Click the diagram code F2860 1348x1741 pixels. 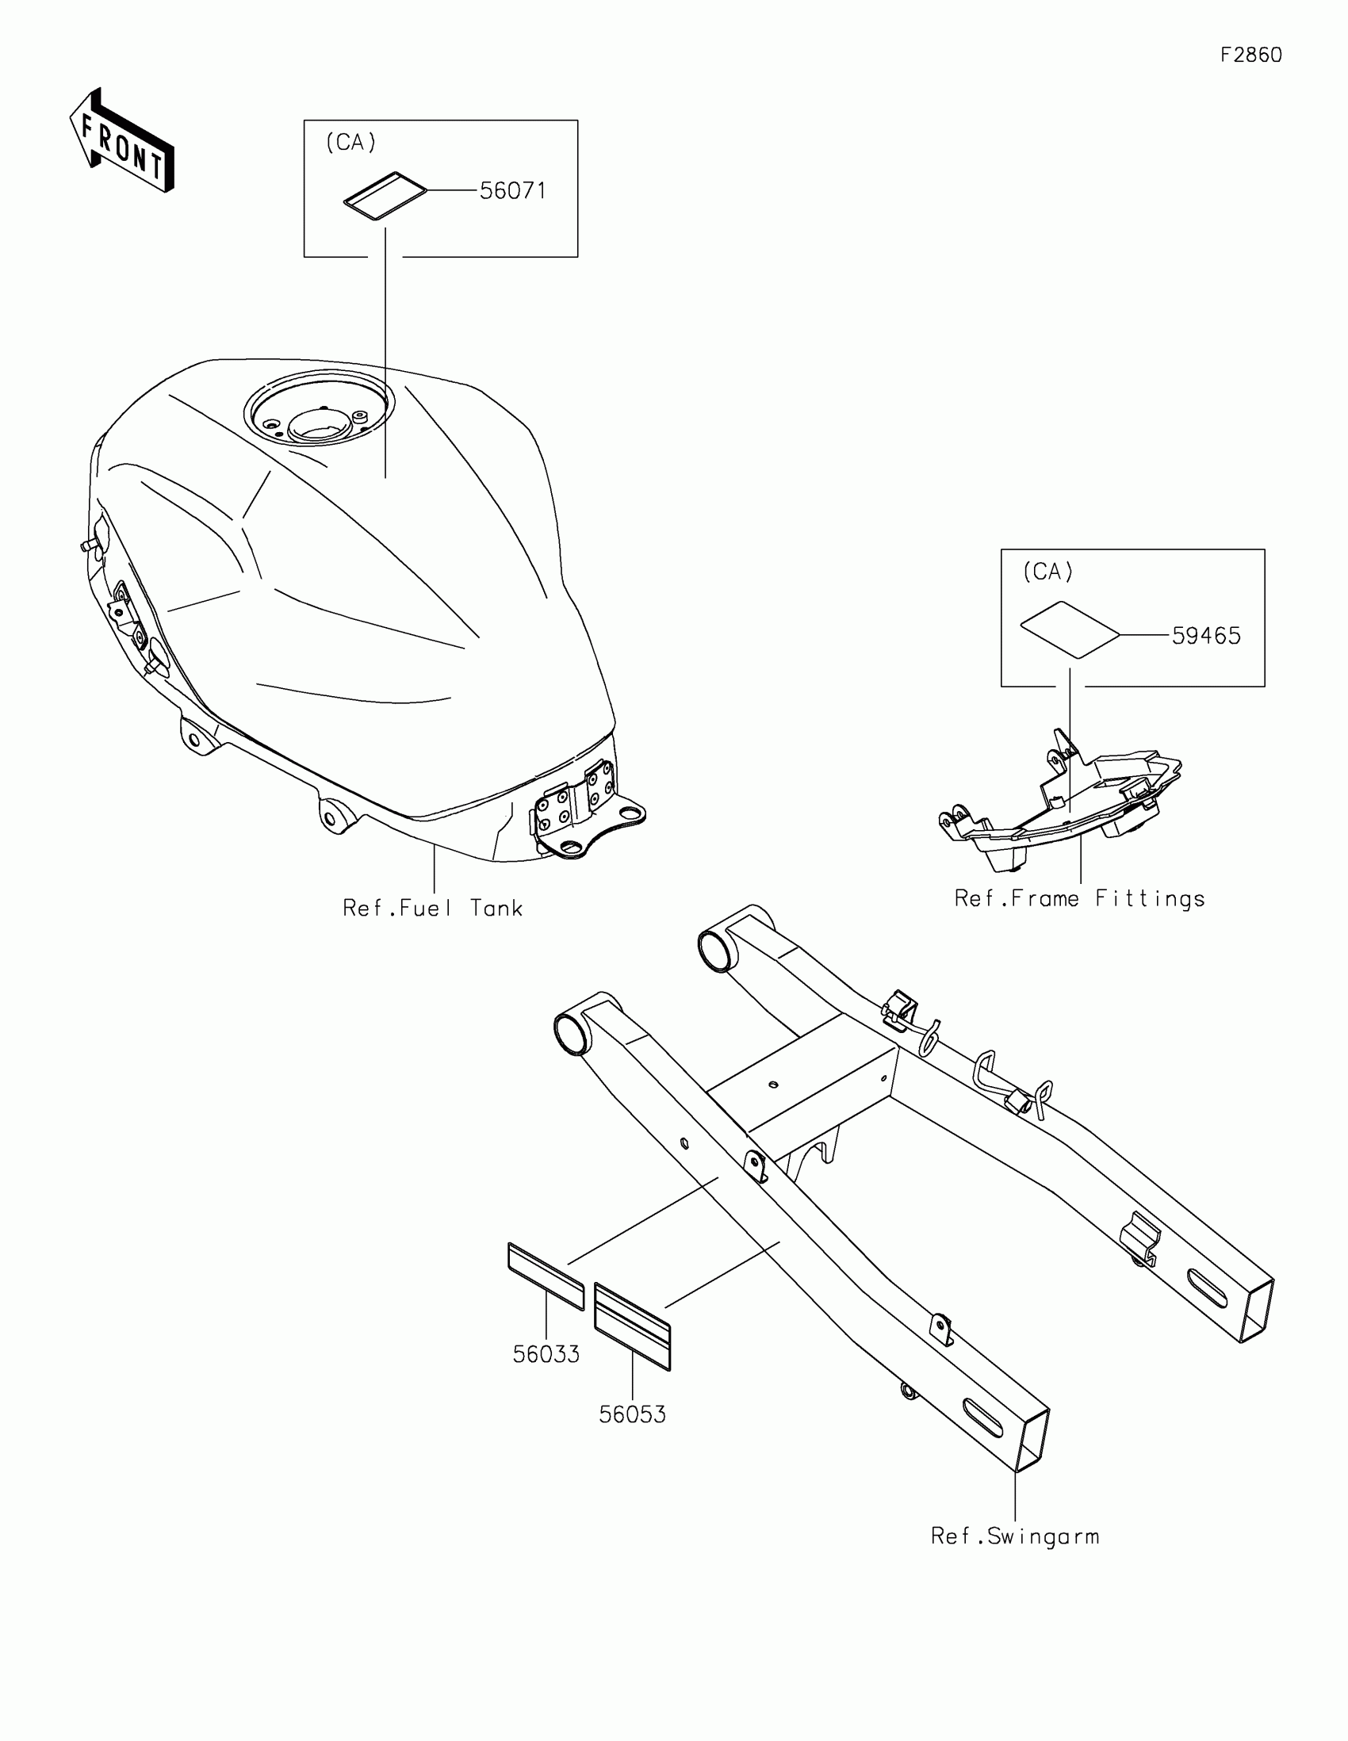coord(1250,55)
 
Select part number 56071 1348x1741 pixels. coord(512,191)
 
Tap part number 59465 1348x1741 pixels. coord(1206,636)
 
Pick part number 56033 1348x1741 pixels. coord(546,1354)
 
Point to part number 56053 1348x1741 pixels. coord(632,1414)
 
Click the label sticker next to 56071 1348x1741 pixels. coord(385,194)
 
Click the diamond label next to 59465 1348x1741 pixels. coord(1070,629)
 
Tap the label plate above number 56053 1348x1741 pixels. coord(632,1326)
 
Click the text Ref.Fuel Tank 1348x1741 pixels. coord(432,908)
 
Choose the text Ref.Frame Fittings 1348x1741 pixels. coord(1079,899)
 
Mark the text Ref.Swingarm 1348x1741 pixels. coord(1015,1536)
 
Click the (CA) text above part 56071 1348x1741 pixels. coord(350,143)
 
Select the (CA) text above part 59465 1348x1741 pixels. coord(1048,572)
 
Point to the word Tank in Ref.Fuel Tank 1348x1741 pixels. coord(496,908)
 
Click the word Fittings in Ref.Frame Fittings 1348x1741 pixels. coord(1149,899)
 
